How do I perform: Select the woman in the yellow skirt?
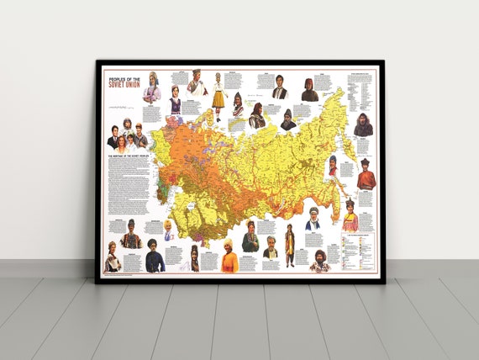click(x=218, y=95)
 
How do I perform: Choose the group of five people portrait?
click(x=128, y=135)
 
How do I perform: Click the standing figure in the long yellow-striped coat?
click(x=289, y=246)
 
